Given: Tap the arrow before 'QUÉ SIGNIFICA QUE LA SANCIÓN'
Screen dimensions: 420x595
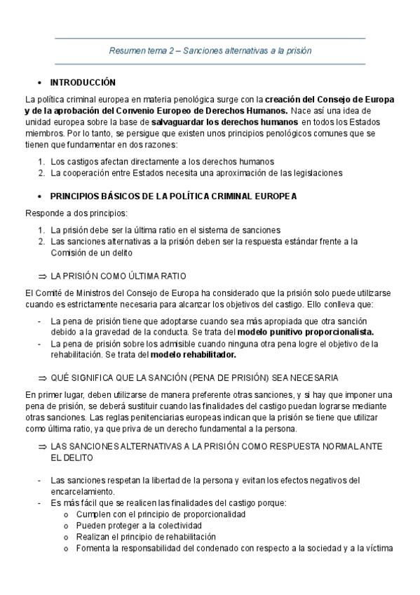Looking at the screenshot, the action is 43,377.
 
